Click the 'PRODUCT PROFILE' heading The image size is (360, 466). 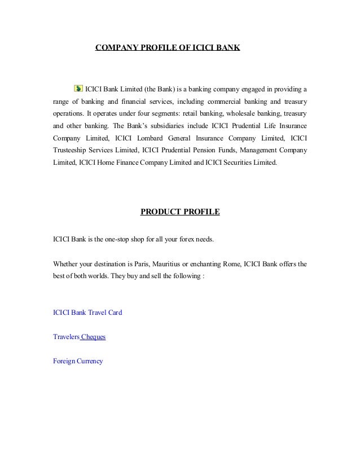(x=179, y=212)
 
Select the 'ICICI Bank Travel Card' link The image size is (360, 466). (x=87, y=312)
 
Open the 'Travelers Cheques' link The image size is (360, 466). (x=79, y=337)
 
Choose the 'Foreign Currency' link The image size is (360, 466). (x=78, y=361)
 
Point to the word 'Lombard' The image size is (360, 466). (x=151, y=138)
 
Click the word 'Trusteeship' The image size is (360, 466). (x=71, y=151)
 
